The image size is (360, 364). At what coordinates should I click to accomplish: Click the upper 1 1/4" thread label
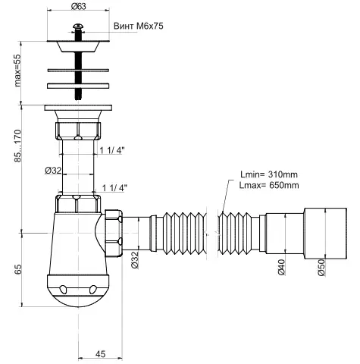pos(112,151)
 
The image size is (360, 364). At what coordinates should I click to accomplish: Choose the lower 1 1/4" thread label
pos(114,187)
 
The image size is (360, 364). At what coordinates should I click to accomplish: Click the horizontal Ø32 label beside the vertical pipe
pos(53,170)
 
